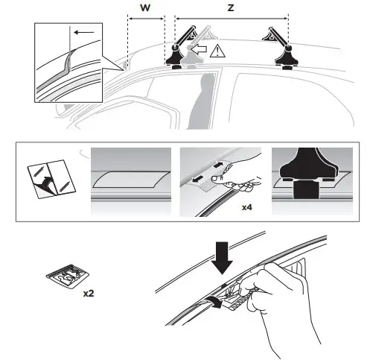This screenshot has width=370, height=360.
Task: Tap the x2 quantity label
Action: click(89, 293)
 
